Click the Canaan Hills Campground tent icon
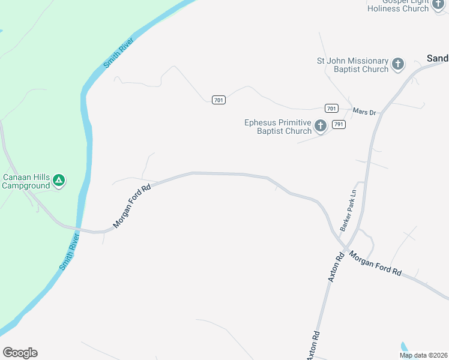coord(59,179)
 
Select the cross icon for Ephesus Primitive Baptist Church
coord(321,125)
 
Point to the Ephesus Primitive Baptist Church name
coord(278,127)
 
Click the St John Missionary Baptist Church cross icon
coord(398,64)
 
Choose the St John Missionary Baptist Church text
coord(353,65)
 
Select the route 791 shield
coord(339,124)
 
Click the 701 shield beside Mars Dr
coord(331,108)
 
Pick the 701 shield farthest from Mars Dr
coord(218,100)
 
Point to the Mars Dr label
coord(364,112)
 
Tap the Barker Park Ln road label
coord(348,211)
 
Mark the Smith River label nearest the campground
coord(70,252)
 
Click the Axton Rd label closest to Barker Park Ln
coord(336,268)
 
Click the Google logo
coord(20,353)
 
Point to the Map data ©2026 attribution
coord(423,355)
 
